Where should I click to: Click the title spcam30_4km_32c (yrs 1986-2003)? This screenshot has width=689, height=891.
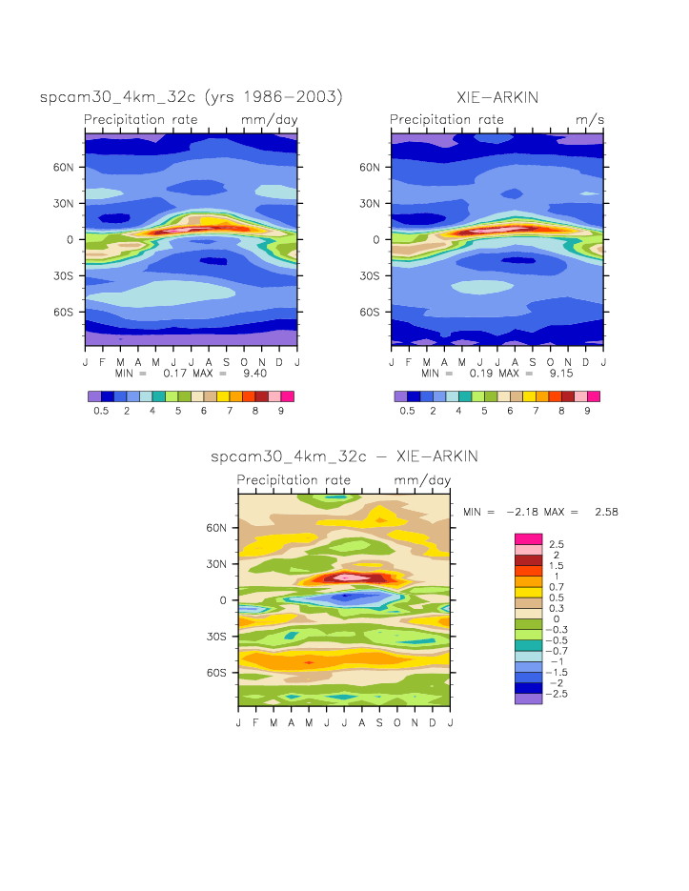tap(191, 97)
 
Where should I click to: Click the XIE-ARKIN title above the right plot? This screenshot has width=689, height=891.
tap(496, 97)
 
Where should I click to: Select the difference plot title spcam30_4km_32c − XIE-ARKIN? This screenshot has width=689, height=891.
tap(344, 457)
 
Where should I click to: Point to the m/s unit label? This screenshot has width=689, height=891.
tap(590, 120)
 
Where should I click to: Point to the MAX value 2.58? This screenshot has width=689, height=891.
tap(606, 512)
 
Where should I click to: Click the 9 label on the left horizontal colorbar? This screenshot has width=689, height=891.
tap(281, 411)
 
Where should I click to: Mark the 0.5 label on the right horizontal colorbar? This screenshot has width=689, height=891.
tap(407, 411)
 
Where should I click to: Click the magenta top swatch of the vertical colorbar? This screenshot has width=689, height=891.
tap(528, 538)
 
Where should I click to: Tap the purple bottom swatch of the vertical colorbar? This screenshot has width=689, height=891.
tap(528, 699)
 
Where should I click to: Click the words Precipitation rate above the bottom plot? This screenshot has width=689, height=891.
tap(294, 480)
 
